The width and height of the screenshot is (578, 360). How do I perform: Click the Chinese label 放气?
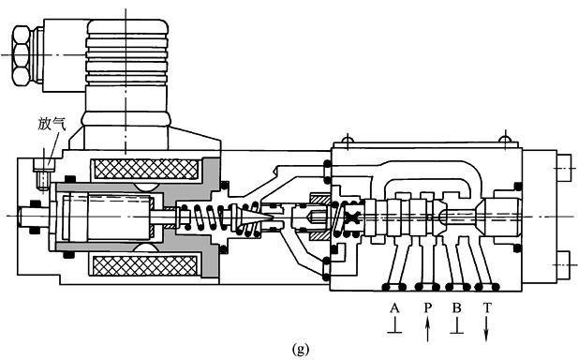(x=52, y=125)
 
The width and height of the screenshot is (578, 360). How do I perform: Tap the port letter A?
(x=394, y=307)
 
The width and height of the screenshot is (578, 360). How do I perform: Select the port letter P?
(x=427, y=307)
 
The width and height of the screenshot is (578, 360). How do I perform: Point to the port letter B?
(x=457, y=307)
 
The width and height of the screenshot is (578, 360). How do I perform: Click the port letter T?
(x=487, y=307)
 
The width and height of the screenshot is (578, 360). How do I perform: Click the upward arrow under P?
(x=427, y=330)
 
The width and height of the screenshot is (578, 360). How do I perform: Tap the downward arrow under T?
(x=486, y=330)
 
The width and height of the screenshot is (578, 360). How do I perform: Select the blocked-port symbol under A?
(x=394, y=326)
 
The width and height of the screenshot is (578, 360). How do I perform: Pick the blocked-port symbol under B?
(x=457, y=326)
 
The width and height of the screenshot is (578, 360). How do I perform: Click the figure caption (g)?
(x=301, y=349)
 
